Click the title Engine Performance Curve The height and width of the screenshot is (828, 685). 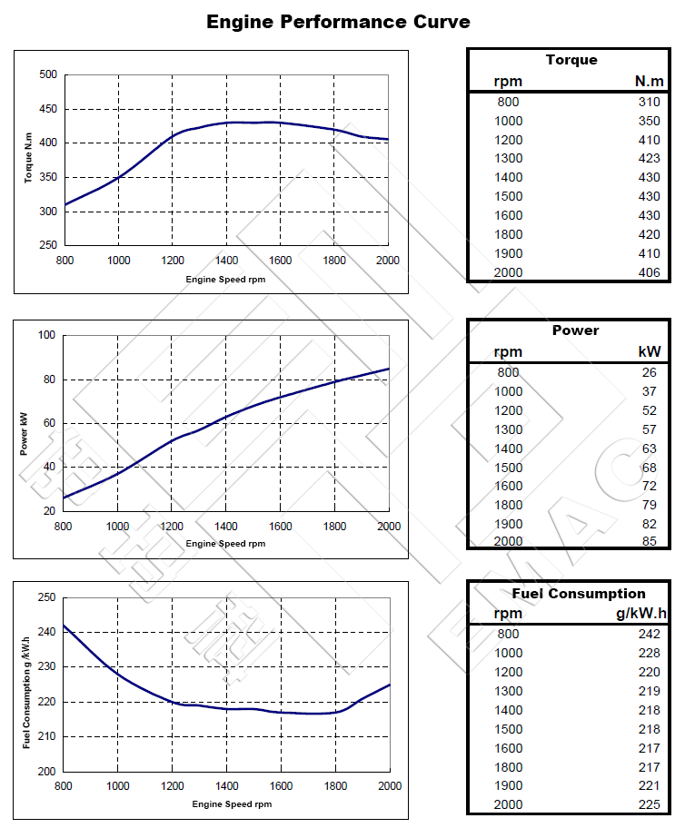tap(338, 21)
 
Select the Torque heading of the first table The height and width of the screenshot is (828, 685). tap(571, 60)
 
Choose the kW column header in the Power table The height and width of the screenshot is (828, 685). tap(650, 352)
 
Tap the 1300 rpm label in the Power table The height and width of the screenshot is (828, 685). tap(509, 429)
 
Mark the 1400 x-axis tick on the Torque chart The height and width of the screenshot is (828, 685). tap(226, 260)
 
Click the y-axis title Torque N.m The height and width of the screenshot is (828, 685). tap(28, 160)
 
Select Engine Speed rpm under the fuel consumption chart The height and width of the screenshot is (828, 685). tap(232, 803)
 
